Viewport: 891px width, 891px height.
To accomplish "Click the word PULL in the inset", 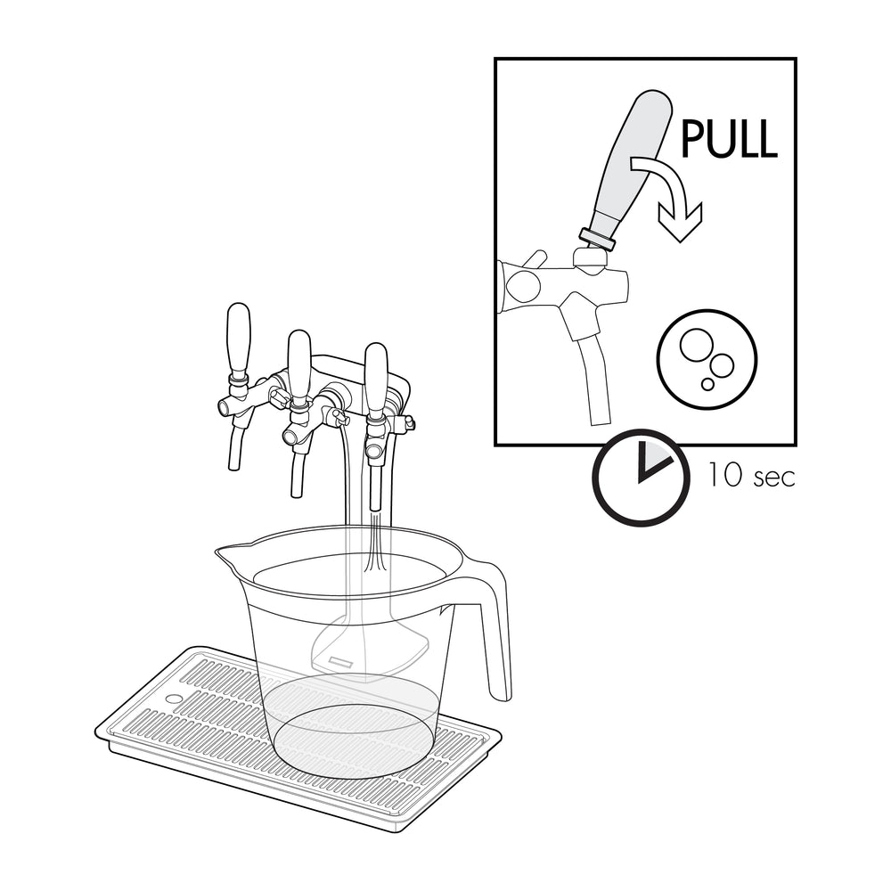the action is pos(729,138).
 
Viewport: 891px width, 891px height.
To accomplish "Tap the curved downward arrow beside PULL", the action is pos(674,193).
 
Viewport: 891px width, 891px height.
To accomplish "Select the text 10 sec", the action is pos(750,475).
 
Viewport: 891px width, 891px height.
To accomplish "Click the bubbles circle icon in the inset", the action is pos(707,359).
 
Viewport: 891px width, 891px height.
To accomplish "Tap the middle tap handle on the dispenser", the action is pos(299,364).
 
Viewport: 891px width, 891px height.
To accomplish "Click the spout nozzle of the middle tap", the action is pos(297,468).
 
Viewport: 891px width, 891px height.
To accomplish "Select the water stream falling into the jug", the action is pos(375,544).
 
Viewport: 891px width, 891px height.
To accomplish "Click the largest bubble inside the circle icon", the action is pos(694,344).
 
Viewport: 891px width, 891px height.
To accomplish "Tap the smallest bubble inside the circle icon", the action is pos(707,385).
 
